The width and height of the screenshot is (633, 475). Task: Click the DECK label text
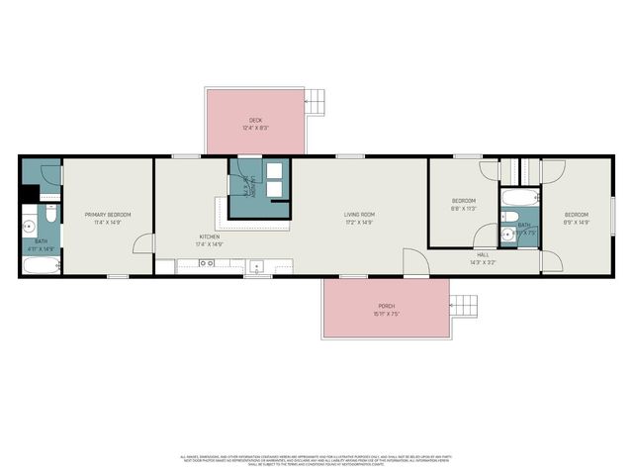coord(255,121)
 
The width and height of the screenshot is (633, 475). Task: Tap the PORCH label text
coord(386,307)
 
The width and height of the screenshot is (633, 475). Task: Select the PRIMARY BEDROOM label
coord(107,215)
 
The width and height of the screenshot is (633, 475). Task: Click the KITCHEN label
coord(210,237)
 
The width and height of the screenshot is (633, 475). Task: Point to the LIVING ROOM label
coord(359,215)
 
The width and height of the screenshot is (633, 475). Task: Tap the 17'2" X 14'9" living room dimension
coord(359,223)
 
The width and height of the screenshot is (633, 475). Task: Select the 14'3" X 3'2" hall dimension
coord(484,262)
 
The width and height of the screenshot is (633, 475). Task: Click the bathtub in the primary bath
coord(41,266)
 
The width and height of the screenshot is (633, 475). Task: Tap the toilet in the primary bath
coord(48,213)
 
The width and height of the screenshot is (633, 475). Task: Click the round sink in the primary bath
coord(29,227)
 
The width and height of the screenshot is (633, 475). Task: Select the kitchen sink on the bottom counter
coord(255,265)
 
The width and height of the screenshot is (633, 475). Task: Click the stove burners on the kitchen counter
coord(207,263)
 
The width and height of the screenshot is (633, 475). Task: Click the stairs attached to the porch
coord(462,307)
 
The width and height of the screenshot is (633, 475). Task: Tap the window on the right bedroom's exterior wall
coord(612,214)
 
